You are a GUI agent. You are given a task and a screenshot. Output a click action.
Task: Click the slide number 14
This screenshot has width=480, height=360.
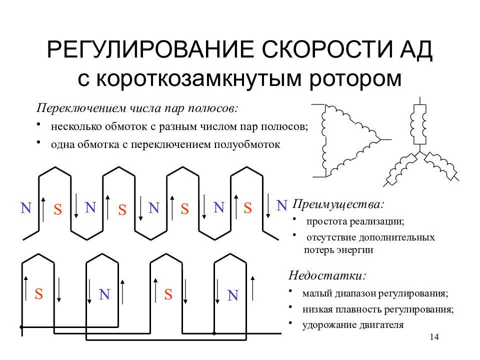point(434,337)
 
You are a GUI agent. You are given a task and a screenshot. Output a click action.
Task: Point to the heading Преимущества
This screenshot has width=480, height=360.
point(338,204)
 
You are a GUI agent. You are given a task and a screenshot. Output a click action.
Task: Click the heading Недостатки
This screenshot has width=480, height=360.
point(327,275)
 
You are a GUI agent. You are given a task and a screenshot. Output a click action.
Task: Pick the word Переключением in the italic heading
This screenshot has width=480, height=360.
point(81,108)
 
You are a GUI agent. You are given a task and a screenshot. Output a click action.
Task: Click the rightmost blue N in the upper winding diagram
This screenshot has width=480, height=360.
point(281,205)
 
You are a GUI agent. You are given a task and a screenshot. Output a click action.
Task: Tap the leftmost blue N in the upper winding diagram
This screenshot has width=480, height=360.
point(26,208)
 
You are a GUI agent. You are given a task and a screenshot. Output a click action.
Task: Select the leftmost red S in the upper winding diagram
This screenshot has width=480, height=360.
point(58,209)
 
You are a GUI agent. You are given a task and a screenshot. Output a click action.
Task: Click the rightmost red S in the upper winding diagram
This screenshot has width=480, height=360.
point(247,208)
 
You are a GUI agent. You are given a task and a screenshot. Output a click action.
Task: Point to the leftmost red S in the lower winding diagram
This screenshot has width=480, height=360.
point(39,294)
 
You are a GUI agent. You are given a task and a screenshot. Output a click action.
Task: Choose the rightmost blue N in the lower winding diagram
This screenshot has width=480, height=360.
point(233,295)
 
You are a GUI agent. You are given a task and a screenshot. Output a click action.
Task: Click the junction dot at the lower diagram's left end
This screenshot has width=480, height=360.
point(21,327)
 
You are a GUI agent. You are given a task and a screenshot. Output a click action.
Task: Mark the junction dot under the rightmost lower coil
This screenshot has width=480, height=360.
point(214,333)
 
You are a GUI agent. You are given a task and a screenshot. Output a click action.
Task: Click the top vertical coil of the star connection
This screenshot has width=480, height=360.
point(419,124)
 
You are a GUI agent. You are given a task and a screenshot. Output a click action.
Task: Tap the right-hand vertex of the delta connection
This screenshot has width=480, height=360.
point(380,139)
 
